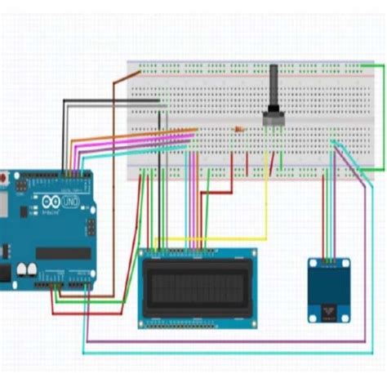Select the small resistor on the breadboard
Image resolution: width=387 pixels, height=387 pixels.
pos(238,129)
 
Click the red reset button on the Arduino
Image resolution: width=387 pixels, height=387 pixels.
pos(4,177)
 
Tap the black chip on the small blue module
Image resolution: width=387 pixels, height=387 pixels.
pos(329,310)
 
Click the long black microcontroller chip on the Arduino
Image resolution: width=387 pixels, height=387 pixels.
pos(63,254)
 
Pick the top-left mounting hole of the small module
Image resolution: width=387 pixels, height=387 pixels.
pos(312,263)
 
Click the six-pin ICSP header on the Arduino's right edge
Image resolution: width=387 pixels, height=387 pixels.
pos(88,229)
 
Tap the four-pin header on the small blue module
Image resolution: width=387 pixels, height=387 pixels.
pos(329,262)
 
